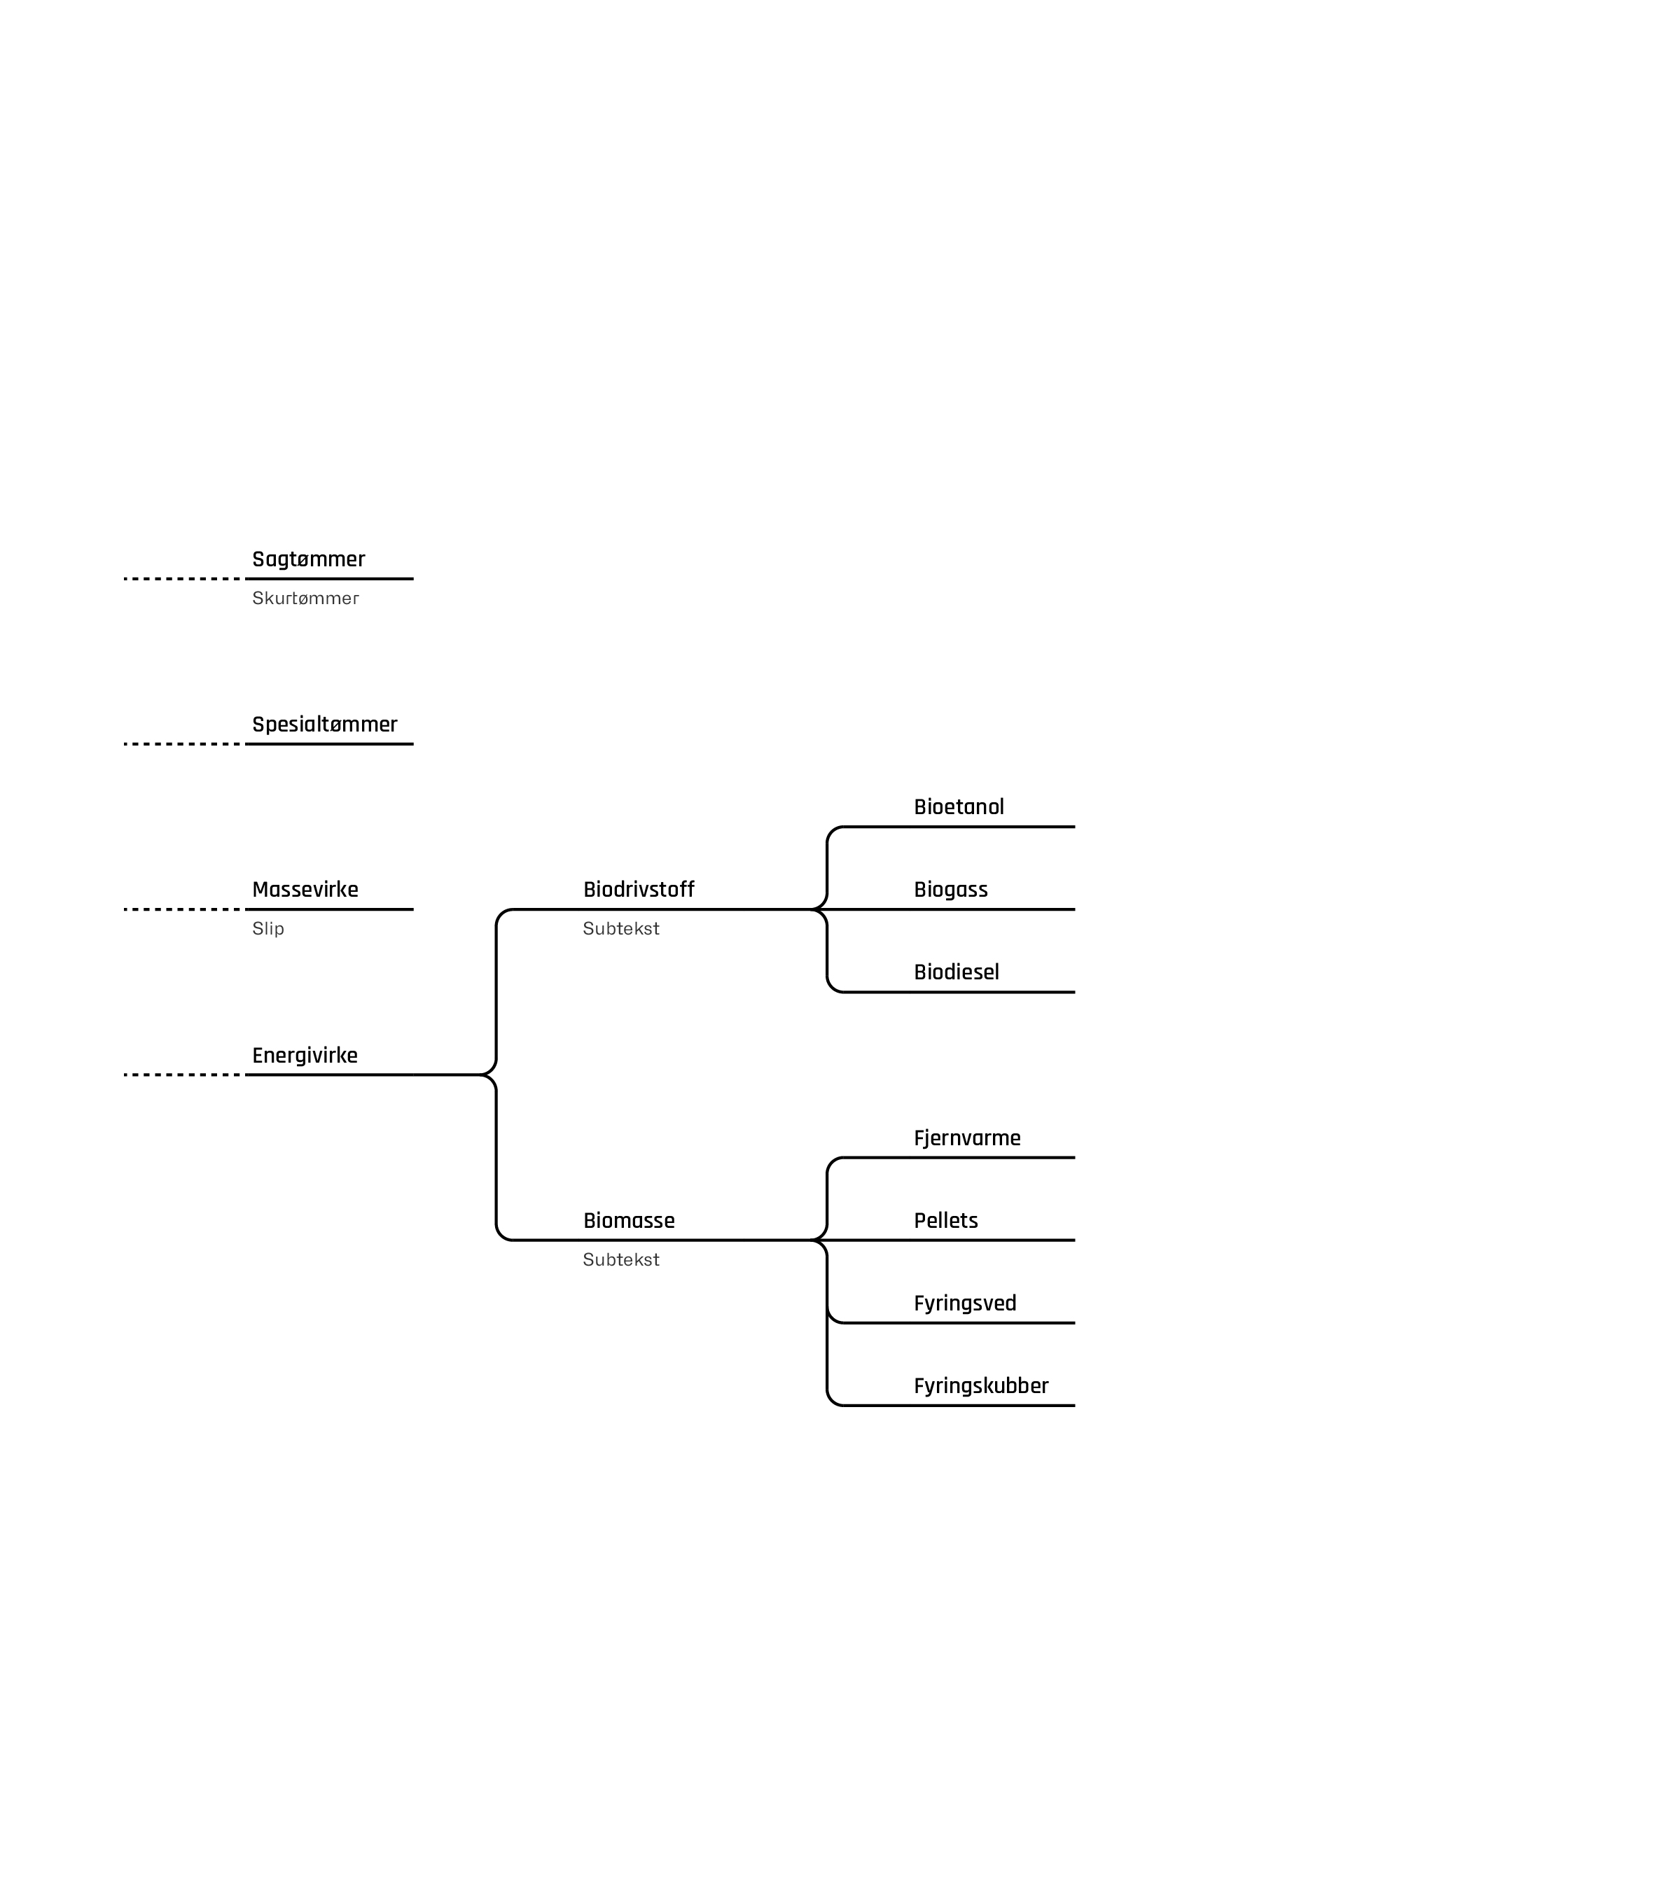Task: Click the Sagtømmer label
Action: (308, 559)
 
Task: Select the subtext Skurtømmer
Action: (305, 598)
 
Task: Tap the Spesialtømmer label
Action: (324, 725)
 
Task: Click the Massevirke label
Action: (305, 890)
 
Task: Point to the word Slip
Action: (267, 928)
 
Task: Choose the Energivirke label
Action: (305, 1055)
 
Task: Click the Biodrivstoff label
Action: (638, 890)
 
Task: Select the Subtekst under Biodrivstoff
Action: (620, 928)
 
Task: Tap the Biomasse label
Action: (629, 1221)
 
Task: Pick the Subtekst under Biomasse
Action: (620, 1259)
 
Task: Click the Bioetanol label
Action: (958, 806)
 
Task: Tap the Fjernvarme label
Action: (966, 1138)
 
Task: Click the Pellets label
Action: (945, 1221)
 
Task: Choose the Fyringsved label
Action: (964, 1303)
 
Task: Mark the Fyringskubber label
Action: (980, 1386)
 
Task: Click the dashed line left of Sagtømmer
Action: (182, 579)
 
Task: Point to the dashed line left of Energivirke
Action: (182, 1074)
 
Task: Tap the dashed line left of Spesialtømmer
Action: (182, 744)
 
